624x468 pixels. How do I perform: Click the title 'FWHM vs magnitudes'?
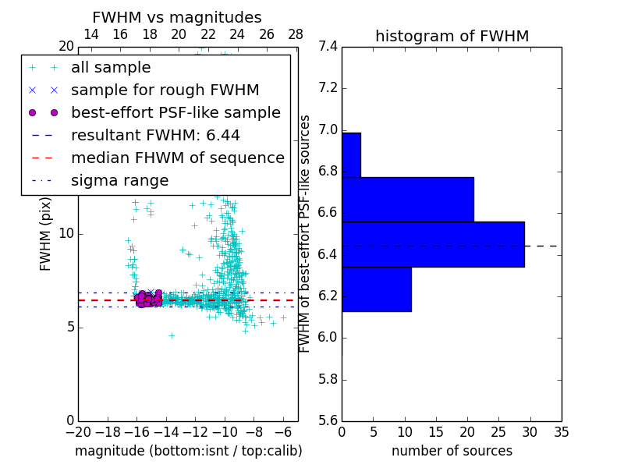pos(177,17)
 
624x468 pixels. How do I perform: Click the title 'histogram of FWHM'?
pos(452,36)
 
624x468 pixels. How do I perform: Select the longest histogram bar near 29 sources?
pos(433,244)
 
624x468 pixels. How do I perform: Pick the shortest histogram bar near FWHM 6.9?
pos(351,154)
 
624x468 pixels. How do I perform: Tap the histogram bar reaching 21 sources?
pos(407,199)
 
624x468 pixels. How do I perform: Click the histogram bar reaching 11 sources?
pos(376,289)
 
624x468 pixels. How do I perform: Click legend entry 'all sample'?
pos(111,68)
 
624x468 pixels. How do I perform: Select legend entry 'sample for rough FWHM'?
pos(165,90)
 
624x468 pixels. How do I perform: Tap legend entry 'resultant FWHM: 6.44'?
pos(161,136)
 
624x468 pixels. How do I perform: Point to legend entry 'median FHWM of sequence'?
pos(177,158)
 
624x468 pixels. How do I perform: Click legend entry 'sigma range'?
pos(119,181)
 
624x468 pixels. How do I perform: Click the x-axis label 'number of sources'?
pos(452,451)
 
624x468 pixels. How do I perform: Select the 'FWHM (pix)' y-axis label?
pos(46,233)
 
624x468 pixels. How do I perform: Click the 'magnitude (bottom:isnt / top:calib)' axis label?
pos(188,451)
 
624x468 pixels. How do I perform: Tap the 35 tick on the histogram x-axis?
pos(561,431)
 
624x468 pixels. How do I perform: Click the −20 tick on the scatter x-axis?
pos(78,431)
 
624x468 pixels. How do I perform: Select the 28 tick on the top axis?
pos(296,35)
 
